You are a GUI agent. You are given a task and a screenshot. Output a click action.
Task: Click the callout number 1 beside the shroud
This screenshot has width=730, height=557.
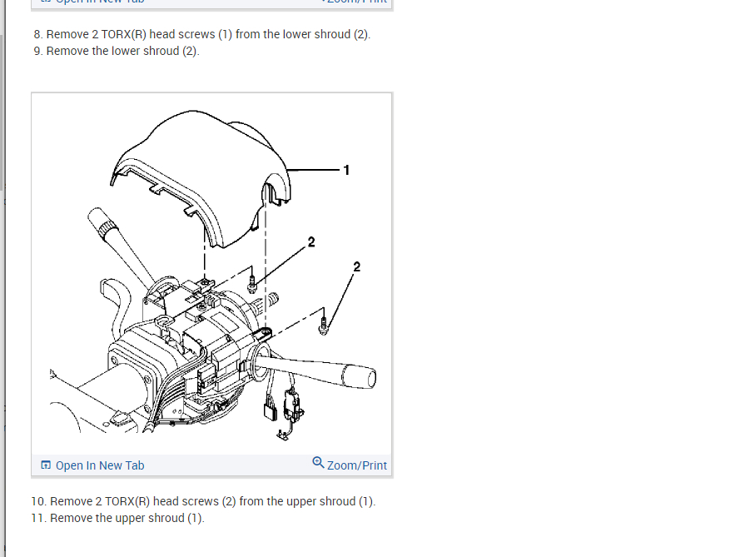click(x=346, y=171)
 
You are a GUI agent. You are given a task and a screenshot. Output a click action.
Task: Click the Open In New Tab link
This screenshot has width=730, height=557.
click(x=99, y=465)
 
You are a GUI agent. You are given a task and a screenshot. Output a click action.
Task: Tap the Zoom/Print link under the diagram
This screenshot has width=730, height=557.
click(x=357, y=465)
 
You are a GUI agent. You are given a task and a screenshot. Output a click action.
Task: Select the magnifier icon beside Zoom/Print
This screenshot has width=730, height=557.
click(x=318, y=462)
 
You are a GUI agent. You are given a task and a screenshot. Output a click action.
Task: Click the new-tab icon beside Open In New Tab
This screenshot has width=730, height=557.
click(x=46, y=465)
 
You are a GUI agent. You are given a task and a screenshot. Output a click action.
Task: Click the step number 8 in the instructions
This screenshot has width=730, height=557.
click(x=37, y=35)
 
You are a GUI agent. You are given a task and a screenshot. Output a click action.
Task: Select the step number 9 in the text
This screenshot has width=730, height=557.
click(x=37, y=52)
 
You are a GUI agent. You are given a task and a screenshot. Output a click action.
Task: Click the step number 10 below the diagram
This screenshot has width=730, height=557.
click(x=40, y=502)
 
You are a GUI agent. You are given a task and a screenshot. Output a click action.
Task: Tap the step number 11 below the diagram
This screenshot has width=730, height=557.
click(x=40, y=519)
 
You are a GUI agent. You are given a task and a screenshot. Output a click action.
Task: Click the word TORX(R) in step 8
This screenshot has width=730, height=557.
click(x=125, y=35)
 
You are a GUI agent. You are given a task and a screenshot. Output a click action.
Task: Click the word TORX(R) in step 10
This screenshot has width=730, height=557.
click(x=128, y=502)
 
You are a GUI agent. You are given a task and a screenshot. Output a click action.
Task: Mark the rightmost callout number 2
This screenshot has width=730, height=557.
click(x=357, y=267)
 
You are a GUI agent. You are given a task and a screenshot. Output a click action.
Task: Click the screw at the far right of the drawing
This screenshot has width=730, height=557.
click(x=325, y=328)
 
